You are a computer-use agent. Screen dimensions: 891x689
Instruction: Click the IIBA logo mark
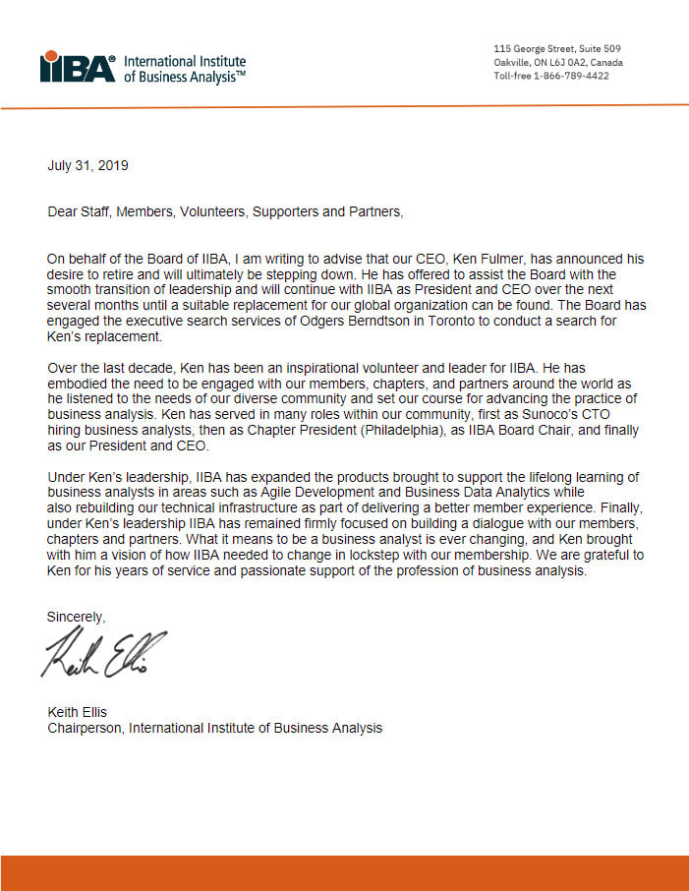[77, 67]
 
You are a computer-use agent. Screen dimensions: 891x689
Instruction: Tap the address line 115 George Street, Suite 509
[556, 49]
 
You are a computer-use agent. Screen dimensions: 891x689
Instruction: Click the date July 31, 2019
[87, 165]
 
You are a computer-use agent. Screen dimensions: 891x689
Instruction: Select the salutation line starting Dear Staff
[225, 211]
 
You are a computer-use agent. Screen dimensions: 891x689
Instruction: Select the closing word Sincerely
[76, 616]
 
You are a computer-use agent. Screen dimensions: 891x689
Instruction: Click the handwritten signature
[103, 654]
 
